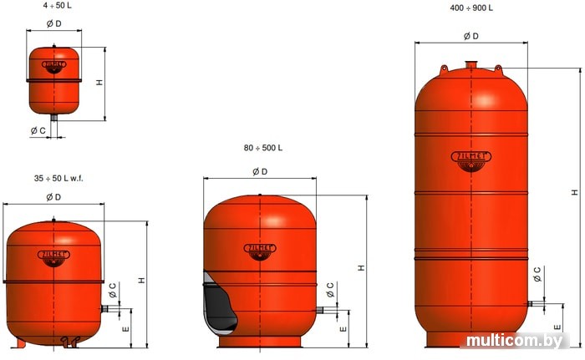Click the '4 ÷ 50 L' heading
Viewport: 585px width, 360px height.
point(57,6)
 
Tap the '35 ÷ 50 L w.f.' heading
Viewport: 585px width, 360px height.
point(58,178)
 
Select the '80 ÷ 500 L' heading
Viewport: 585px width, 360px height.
point(263,148)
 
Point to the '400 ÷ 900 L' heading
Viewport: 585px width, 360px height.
point(471,8)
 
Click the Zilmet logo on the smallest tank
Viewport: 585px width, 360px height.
point(54,67)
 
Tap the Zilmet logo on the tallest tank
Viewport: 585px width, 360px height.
point(471,161)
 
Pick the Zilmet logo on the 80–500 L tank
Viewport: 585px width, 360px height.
point(260,251)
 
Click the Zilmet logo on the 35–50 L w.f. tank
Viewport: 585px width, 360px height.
point(53,258)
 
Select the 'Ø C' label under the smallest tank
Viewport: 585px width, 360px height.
point(38,130)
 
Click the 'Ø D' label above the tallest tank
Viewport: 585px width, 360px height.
point(471,36)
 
